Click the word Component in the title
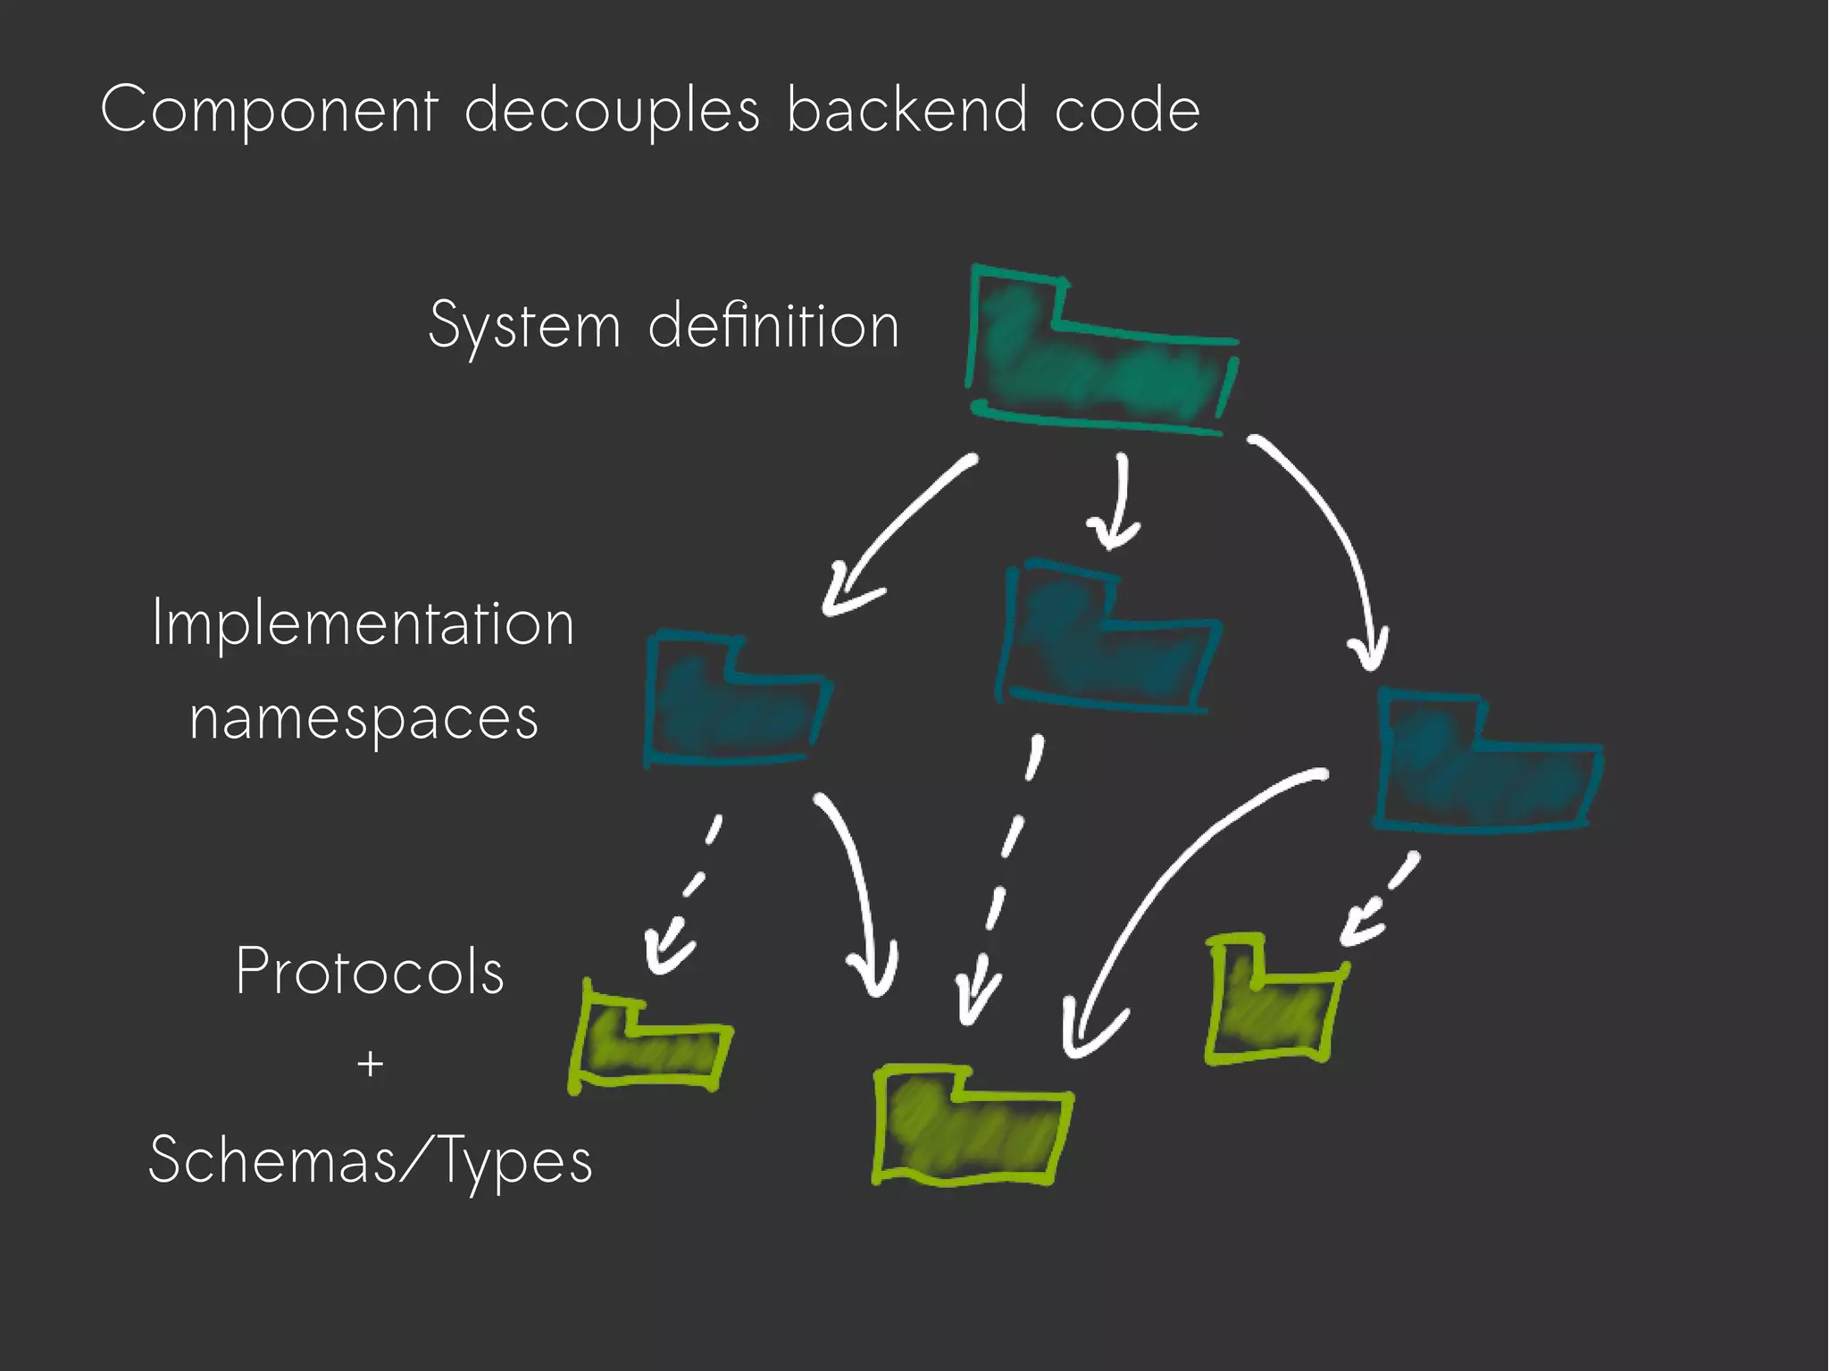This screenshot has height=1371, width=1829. pyautogui.click(x=269, y=112)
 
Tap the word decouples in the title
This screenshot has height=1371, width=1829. pyautogui.click(x=612, y=112)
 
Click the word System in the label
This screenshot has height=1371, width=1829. pyautogui.click(x=524, y=326)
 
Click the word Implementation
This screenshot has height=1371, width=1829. pyautogui.click(x=363, y=623)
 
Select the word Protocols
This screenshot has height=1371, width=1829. pyautogui.click(x=370, y=971)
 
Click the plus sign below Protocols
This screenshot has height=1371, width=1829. pyautogui.click(x=370, y=1065)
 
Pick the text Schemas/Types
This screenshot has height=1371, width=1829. pyautogui.click(x=370, y=1160)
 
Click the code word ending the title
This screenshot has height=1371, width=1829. pyautogui.click(x=1127, y=112)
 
